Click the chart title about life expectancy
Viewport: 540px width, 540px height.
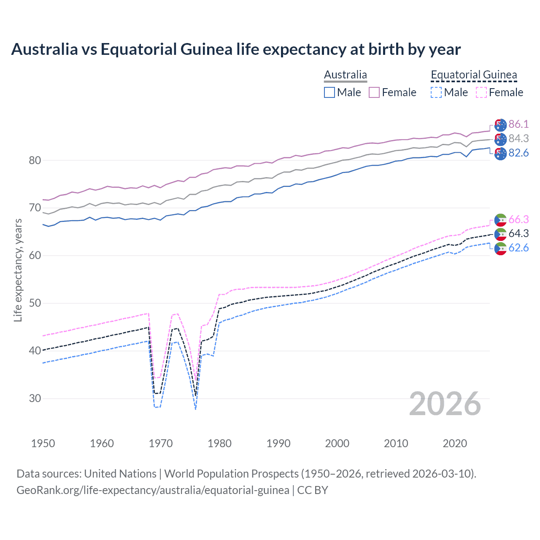pyautogui.click(x=236, y=49)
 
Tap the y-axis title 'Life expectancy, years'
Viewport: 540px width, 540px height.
pyautogui.click(x=18, y=270)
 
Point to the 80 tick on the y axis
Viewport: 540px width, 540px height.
pyautogui.click(x=35, y=160)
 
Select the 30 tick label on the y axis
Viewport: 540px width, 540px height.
pyautogui.click(x=35, y=398)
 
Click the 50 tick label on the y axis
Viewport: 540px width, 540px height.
pyautogui.click(x=35, y=303)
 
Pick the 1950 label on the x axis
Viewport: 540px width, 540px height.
pyautogui.click(x=43, y=443)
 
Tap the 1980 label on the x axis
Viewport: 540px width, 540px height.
pyautogui.click(x=219, y=443)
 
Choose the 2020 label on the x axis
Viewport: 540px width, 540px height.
pyautogui.click(x=455, y=443)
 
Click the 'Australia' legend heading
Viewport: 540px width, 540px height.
pyautogui.click(x=346, y=75)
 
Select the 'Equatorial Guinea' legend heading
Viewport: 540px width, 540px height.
pyautogui.click(x=474, y=75)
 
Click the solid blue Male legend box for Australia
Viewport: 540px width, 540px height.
pyautogui.click(x=329, y=92)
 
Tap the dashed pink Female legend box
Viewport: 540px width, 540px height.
pyautogui.click(x=481, y=92)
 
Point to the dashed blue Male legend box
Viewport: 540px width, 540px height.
pyautogui.click(x=436, y=92)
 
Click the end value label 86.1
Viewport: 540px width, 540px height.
pyautogui.click(x=518, y=124)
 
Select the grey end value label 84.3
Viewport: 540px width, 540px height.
pyautogui.click(x=518, y=138)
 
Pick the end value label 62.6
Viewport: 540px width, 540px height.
pyautogui.click(x=518, y=248)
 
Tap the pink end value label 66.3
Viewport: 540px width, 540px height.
pyautogui.click(x=518, y=219)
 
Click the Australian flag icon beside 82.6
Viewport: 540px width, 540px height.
pyautogui.click(x=500, y=154)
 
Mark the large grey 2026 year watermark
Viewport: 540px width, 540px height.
pyautogui.click(x=445, y=404)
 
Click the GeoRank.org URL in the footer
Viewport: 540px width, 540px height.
pyautogui.click(x=153, y=490)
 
